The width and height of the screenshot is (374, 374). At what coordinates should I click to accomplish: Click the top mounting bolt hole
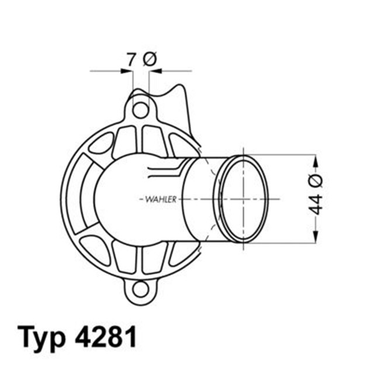140,109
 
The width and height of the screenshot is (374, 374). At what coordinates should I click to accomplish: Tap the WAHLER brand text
159,199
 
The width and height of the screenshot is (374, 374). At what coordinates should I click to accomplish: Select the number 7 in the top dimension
131,58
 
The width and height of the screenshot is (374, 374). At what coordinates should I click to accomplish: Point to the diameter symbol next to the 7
150,58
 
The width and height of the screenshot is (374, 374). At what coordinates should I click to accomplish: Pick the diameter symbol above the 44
316,178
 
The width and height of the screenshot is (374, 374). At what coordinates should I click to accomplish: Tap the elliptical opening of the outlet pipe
245,198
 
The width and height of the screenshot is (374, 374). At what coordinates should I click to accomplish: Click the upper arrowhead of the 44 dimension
316,160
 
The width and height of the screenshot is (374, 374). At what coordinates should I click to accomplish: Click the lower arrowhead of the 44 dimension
316,238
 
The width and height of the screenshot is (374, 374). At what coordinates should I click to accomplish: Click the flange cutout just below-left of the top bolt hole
124,140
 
